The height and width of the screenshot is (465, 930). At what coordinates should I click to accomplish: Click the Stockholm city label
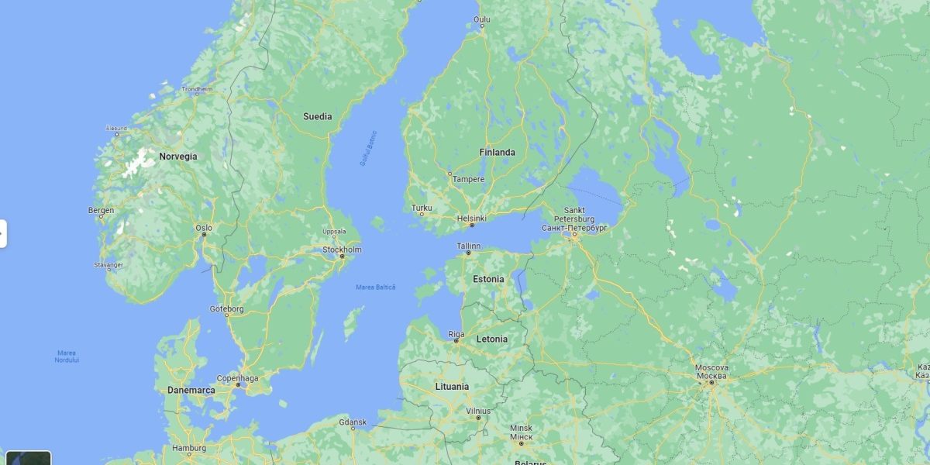(x=342, y=250)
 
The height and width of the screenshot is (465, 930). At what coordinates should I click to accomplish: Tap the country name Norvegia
(x=178, y=157)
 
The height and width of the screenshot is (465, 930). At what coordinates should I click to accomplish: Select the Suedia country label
(x=317, y=117)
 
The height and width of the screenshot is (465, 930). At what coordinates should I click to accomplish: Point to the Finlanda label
(x=497, y=153)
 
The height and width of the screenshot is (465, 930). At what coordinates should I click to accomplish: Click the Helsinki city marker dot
(x=471, y=226)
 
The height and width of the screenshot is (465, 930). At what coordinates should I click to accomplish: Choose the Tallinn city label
(x=468, y=246)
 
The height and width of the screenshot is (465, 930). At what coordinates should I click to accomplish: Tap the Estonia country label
(x=488, y=279)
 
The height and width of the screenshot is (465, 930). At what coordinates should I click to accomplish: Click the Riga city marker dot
(x=456, y=341)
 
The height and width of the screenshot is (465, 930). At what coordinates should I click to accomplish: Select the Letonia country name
(x=492, y=339)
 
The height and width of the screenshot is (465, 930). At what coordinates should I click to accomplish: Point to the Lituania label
(x=452, y=386)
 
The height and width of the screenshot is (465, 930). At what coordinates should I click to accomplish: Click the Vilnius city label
(x=478, y=411)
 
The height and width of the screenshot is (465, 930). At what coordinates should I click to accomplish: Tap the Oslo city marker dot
(x=204, y=235)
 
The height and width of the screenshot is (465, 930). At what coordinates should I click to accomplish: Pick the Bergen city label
(x=101, y=210)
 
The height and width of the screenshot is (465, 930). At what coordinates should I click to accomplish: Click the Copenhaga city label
(x=237, y=377)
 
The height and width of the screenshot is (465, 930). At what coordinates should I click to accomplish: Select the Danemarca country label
(x=191, y=391)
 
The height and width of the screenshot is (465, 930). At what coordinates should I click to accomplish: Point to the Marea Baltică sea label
(x=375, y=288)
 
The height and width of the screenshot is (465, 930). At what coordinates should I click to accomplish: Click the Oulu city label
(x=482, y=19)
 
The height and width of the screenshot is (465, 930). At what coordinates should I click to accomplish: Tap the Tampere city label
(x=468, y=179)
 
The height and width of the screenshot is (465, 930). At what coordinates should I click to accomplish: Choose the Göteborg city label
(x=226, y=309)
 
